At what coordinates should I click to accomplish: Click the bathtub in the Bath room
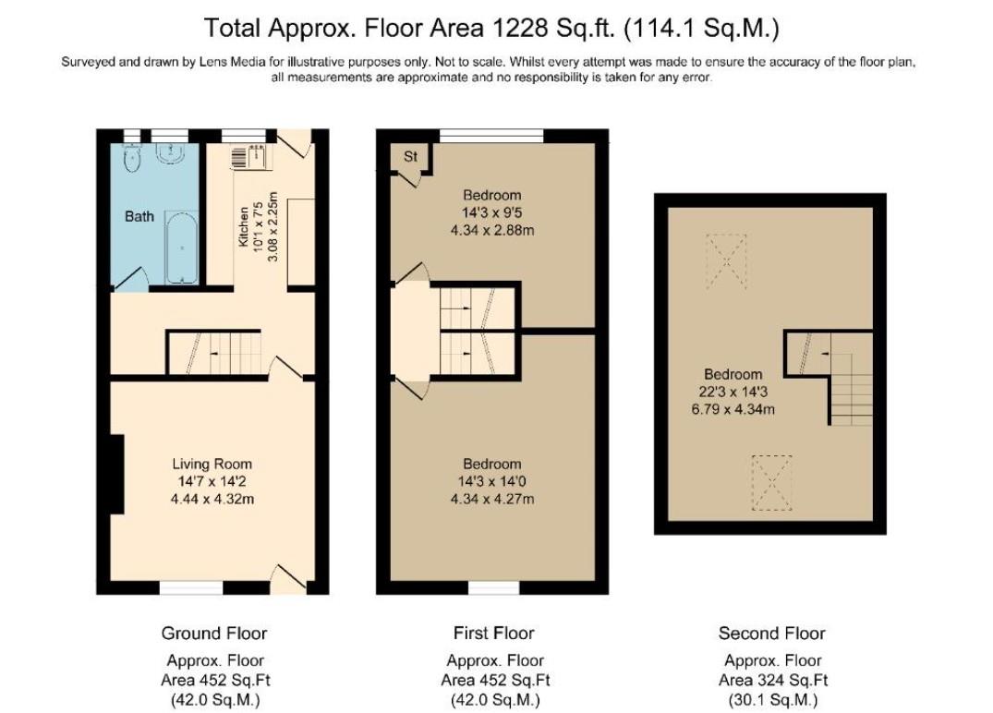coord(182,249)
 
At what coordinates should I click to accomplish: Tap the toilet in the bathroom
coord(133,160)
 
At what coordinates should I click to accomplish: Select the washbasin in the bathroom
coord(172,153)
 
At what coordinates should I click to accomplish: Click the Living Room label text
coord(212,464)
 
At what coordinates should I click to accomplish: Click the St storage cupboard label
coord(411,157)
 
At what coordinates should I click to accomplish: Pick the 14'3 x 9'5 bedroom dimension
coord(491,212)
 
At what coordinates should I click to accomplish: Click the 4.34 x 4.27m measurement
coord(491,500)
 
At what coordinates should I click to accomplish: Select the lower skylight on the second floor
coord(769,482)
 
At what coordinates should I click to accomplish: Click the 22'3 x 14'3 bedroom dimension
coord(733,392)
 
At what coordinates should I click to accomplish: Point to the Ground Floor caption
coord(214,633)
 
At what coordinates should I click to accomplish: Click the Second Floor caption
coord(771,633)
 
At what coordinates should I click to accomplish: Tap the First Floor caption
coord(493,633)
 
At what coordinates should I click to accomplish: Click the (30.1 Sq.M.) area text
coord(771,699)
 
